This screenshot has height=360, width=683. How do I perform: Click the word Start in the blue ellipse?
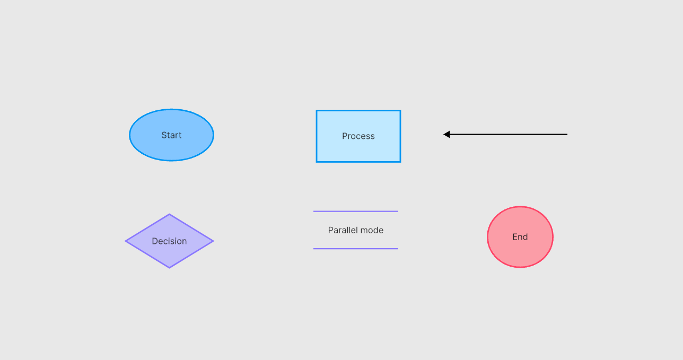pyautogui.click(x=171, y=135)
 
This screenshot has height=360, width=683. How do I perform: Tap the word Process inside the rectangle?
pyautogui.click(x=358, y=136)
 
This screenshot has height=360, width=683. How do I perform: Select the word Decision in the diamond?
pyautogui.click(x=169, y=241)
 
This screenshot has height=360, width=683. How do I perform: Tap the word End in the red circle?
pyautogui.click(x=520, y=237)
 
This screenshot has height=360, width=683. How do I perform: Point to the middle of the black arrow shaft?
pyautogui.click(x=505, y=134)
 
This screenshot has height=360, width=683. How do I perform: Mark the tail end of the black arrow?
pyautogui.click(x=567, y=134)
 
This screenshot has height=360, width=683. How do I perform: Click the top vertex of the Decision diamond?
pyautogui.click(x=169, y=214)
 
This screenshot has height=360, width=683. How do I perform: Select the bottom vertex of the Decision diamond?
pyautogui.click(x=169, y=268)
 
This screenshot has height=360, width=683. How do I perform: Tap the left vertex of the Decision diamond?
pyautogui.click(x=125, y=241)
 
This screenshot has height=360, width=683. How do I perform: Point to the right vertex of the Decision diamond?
pyautogui.click(x=214, y=241)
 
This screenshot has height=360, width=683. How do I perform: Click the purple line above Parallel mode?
pyautogui.click(x=356, y=211)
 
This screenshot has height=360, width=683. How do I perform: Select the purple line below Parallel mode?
pyautogui.click(x=356, y=249)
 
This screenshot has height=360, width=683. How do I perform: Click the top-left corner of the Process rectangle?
pyautogui.click(x=317, y=110)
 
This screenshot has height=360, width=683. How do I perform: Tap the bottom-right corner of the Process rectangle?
pyautogui.click(x=400, y=162)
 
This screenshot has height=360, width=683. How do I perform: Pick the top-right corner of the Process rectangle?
pyautogui.click(x=400, y=110)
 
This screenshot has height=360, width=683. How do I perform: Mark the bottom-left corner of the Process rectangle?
pyautogui.click(x=317, y=162)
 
